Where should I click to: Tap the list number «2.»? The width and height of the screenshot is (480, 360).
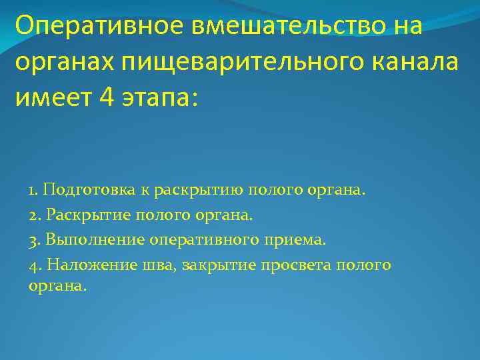coord(35,215)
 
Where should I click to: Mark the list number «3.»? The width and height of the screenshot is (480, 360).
coord(35,239)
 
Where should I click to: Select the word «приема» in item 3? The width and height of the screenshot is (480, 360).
coord(307,239)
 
